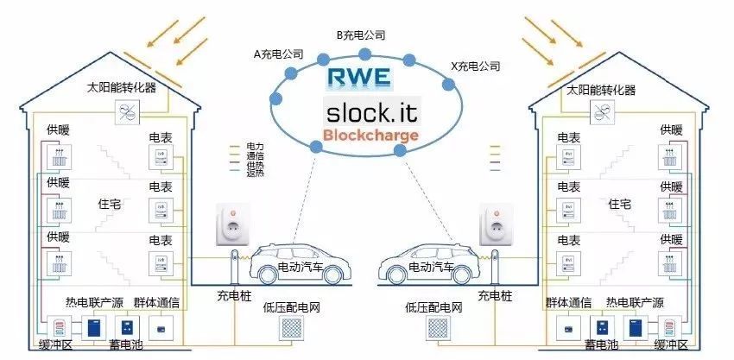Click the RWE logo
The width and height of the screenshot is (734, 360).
click(358, 78)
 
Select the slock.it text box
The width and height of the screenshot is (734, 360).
click(371, 112)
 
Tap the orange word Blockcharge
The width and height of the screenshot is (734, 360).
click(370, 136)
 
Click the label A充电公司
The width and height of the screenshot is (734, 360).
click(278, 54)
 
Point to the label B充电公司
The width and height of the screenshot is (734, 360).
click(360, 35)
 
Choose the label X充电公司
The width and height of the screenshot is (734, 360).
click(476, 66)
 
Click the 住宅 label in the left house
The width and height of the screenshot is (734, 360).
click(112, 204)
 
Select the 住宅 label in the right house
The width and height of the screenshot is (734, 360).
click(619, 204)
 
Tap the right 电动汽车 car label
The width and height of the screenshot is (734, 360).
click(433, 268)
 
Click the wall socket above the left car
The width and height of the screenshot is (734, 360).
click(231, 226)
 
